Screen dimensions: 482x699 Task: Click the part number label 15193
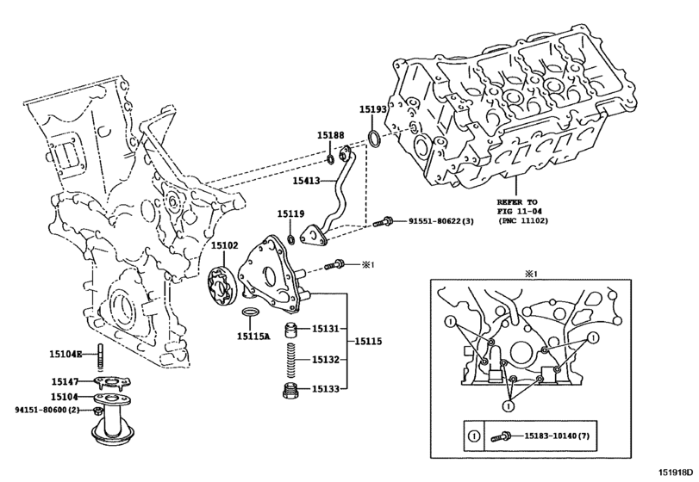[373, 109]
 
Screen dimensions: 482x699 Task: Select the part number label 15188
[330, 135]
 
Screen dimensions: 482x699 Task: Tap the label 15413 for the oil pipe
[306, 182]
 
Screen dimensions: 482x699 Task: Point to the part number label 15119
[290, 213]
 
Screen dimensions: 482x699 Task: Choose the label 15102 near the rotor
[225, 245]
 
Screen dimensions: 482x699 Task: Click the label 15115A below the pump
[253, 337]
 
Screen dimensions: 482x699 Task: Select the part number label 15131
[328, 329]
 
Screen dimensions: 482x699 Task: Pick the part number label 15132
[328, 360]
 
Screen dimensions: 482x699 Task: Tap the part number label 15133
[328, 390]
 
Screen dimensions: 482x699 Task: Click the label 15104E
[66, 354]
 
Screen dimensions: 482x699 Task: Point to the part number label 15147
[65, 381]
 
